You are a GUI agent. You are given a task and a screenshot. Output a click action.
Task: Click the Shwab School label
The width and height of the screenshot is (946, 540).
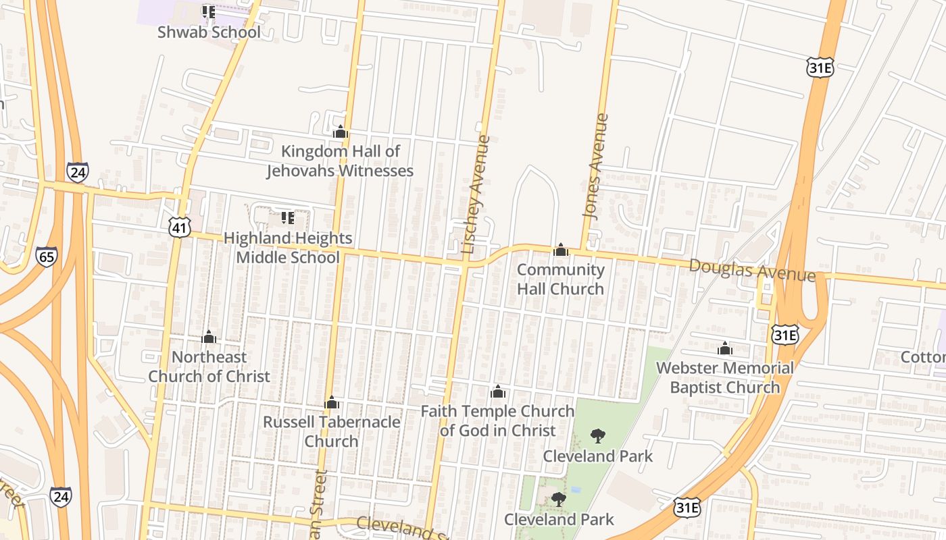(209, 32)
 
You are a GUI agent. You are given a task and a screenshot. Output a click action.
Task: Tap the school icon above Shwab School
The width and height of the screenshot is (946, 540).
(209, 12)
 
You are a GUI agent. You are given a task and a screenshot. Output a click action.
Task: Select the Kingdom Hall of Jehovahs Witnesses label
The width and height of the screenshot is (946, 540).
(340, 161)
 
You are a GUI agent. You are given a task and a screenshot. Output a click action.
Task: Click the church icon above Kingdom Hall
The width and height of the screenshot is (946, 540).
(340, 132)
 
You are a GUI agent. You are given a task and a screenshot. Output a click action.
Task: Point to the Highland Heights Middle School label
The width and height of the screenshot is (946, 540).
(288, 248)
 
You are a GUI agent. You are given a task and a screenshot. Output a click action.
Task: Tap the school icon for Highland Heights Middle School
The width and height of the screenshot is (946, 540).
(288, 218)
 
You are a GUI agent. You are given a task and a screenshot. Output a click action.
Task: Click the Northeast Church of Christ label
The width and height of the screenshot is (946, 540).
(209, 367)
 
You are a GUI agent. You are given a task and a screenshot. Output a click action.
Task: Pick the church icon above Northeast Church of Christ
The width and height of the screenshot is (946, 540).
(209, 337)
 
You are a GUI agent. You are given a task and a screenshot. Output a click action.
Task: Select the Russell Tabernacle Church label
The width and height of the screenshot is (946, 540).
(331, 431)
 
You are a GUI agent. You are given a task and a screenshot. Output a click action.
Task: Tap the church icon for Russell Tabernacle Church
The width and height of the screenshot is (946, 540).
(331, 403)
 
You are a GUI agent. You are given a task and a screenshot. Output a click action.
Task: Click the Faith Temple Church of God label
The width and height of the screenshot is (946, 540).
(497, 421)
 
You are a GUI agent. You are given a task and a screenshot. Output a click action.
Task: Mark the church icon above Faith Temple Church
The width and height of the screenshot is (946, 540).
(498, 391)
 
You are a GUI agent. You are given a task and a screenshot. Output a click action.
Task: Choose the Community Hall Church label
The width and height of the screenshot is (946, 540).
(560, 279)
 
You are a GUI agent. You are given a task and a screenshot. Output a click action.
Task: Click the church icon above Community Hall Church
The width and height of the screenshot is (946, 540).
(560, 250)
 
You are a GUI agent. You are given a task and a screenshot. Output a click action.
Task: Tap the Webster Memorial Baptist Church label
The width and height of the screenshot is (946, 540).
(725, 377)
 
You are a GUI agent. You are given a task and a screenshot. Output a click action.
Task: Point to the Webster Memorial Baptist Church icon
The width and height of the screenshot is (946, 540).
(725, 349)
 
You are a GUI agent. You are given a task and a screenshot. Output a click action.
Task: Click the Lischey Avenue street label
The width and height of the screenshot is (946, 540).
(476, 195)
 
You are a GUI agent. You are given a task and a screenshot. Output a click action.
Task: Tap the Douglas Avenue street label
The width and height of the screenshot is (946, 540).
(751, 270)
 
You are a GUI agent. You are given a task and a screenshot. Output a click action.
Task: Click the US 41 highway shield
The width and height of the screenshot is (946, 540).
(179, 227)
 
